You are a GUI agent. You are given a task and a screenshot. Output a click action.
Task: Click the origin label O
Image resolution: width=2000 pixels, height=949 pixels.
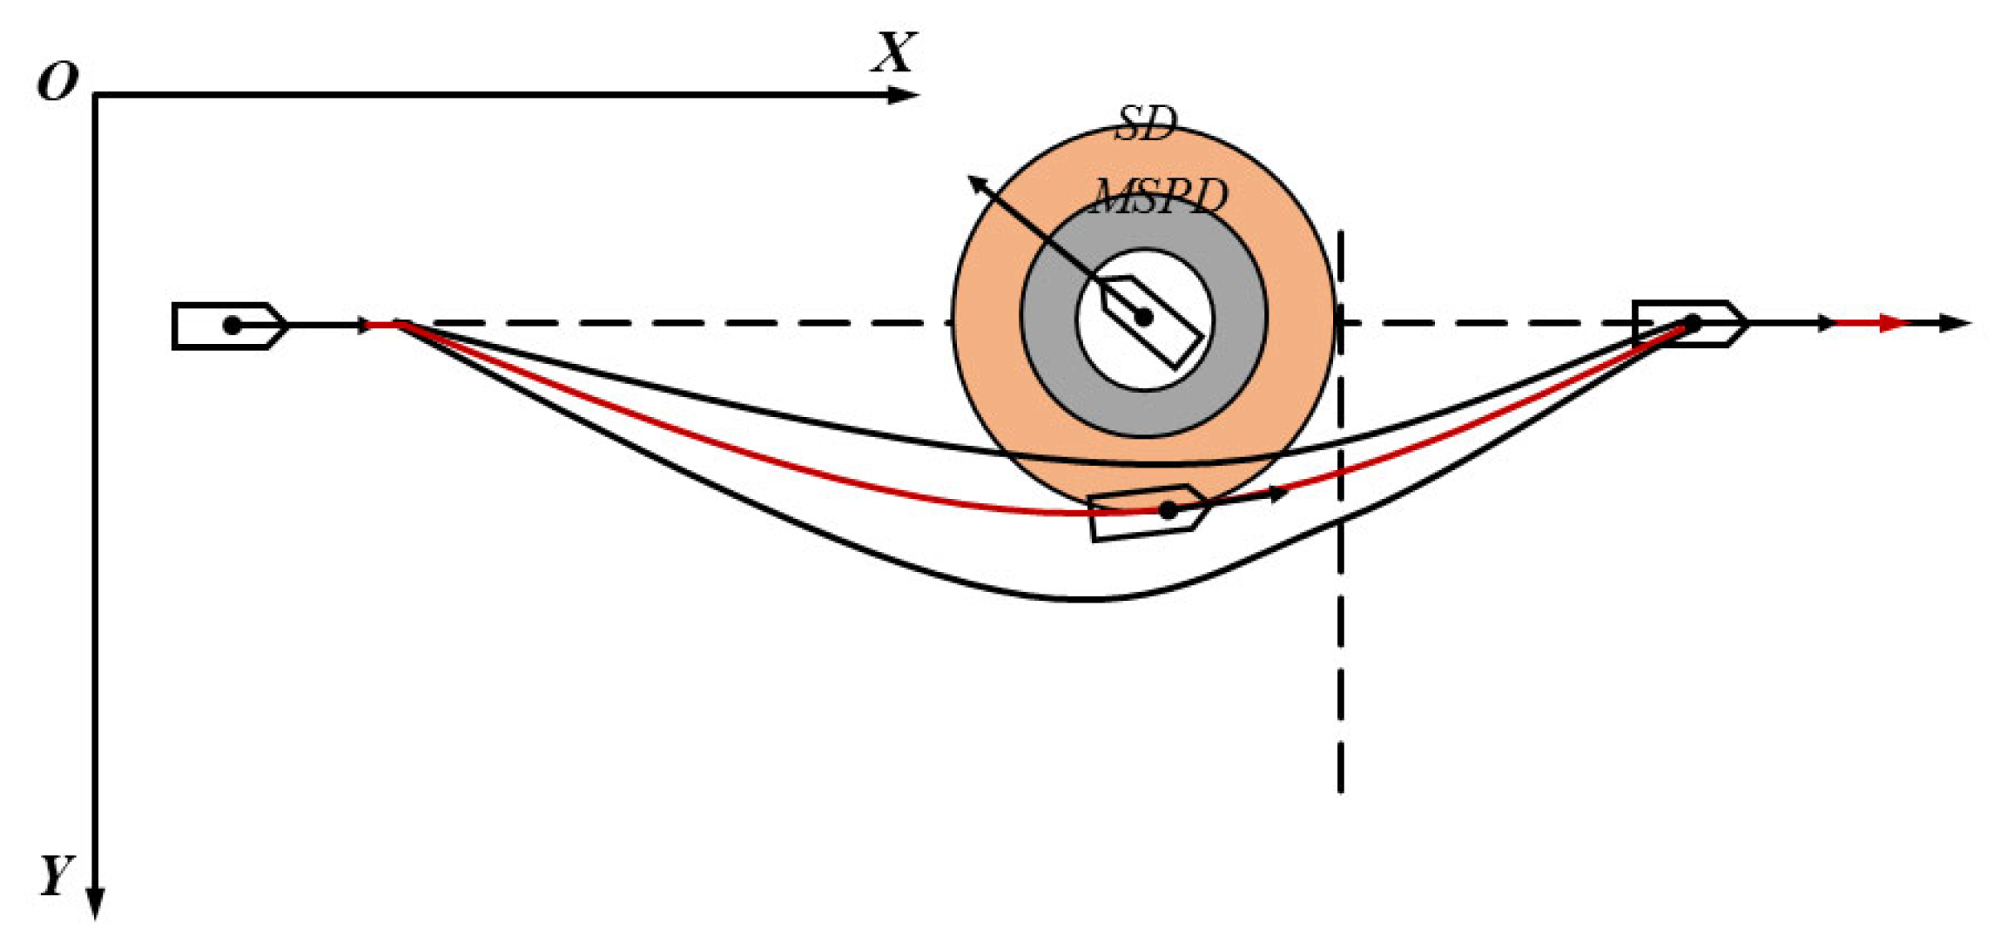click(57, 84)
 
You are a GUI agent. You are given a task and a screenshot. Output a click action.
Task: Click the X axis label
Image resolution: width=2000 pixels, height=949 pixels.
click(894, 53)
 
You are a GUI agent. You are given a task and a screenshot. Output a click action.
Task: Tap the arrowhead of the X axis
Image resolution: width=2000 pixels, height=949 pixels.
click(906, 94)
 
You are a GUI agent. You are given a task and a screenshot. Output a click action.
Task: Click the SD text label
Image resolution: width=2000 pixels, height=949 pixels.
click(1145, 125)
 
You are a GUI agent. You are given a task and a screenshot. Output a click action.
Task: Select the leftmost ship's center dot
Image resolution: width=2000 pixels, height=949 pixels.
click(232, 325)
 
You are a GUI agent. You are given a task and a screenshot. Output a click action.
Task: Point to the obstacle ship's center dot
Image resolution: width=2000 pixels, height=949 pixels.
click(1145, 318)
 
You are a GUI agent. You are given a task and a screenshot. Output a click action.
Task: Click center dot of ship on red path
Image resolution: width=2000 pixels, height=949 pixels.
click(1168, 510)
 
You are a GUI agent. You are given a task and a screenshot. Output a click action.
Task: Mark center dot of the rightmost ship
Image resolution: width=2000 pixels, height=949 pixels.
click(1692, 323)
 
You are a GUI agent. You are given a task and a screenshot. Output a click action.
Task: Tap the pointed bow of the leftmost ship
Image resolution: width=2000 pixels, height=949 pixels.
click(286, 325)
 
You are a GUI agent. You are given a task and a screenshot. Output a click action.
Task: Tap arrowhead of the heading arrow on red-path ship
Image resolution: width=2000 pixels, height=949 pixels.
click(1280, 494)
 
